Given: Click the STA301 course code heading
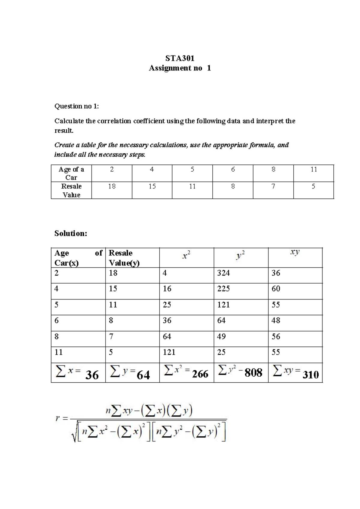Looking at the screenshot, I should (180, 58).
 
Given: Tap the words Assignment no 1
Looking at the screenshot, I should (180, 68).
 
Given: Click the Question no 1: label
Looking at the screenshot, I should (76, 106).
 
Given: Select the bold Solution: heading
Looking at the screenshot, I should (70, 233).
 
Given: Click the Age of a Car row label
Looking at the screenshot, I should (71, 173).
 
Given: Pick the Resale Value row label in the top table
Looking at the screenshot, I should (71, 190).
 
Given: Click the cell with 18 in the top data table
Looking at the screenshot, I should (112, 186).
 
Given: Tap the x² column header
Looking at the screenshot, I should (186, 255).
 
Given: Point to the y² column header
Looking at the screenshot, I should (241, 255).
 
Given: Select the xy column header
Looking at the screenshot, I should (295, 252).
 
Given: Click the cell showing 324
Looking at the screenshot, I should (223, 273).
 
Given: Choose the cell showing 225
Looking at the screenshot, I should (223, 288).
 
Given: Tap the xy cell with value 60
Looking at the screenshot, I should (276, 288).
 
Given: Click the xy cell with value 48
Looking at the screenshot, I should (276, 320).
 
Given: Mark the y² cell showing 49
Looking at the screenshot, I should (221, 336).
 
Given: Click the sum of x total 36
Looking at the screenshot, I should (92, 375).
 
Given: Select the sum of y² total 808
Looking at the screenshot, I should (253, 373).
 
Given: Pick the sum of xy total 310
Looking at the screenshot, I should (310, 375).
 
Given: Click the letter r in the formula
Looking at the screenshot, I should (58, 418).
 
